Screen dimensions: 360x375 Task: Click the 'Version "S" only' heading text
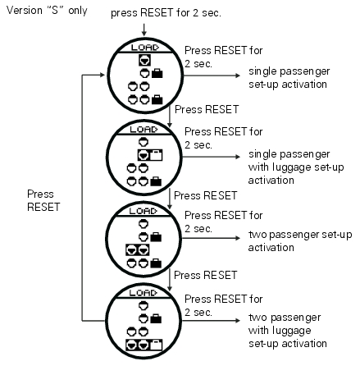tap(47, 11)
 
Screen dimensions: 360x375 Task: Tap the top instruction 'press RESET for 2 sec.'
tap(166, 13)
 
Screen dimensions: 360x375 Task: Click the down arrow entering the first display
tap(144, 30)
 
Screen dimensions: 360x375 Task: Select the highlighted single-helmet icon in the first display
tap(144, 60)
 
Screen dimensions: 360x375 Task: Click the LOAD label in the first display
tap(145, 48)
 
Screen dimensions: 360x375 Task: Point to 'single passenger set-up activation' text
tap(289, 78)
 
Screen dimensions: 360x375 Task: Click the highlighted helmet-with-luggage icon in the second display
tap(150, 155)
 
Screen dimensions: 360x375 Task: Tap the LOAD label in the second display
tap(144, 129)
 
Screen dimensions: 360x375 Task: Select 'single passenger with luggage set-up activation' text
tap(296, 167)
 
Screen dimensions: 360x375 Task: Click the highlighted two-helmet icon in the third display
tap(138, 249)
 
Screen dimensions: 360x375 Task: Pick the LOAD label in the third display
tap(144, 211)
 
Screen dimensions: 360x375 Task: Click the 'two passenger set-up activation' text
tap(300, 241)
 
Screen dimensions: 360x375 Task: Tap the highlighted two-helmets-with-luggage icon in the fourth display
tap(144, 345)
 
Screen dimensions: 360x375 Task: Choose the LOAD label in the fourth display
tap(144, 293)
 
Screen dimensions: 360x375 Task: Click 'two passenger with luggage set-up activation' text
tap(288, 331)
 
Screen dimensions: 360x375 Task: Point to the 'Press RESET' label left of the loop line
tap(43, 200)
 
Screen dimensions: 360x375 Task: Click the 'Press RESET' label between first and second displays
tap(207, 109)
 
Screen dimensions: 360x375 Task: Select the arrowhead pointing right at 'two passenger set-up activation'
tap(238, 238)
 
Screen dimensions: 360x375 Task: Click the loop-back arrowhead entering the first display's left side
tap(103, 75)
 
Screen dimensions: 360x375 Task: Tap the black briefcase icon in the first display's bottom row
tap(157, 99)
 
